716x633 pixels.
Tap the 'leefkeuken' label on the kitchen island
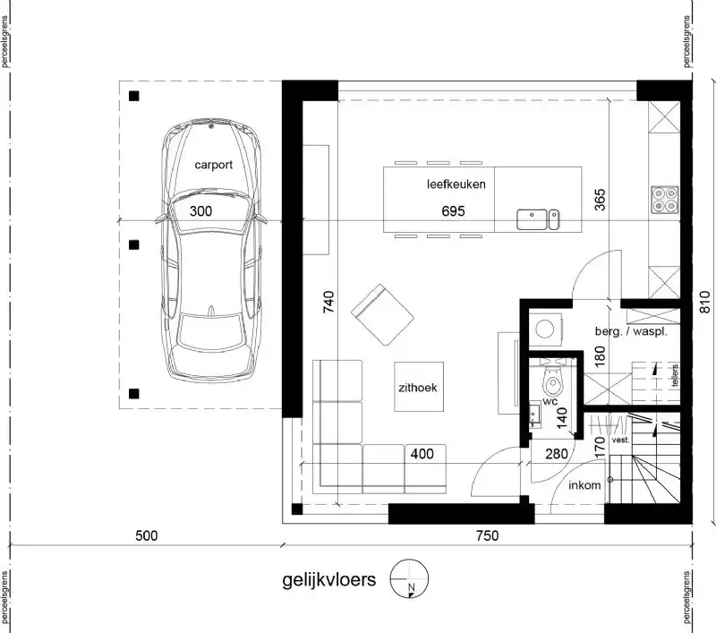pyautogui.click(x=456, y=185)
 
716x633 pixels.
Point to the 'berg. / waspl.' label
pyautogui.click(x=631, y=331)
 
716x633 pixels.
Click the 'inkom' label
pyautogui.click(x=584, y=486)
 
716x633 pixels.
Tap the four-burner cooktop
pyautogui.click(x=664, y=198)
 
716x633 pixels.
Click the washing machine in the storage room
pyautogui.click(x=543, y=329)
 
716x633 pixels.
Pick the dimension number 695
pyautogui.click(x=456, y=212)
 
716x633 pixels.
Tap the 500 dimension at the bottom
pyautogui.click(x=147, y=536)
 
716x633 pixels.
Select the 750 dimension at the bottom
pyautogui.click(x=486, y=536)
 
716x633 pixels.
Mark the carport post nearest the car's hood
pyautogui.click(x=133, y=97)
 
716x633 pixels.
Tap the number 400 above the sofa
pyautogui.click(x=422, y=454)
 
